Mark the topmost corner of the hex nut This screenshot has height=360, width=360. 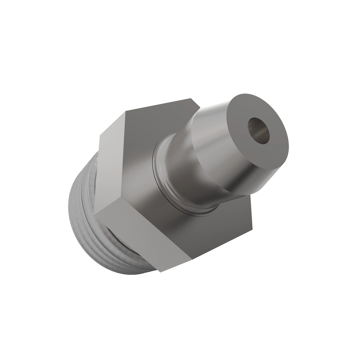(191, 98)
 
